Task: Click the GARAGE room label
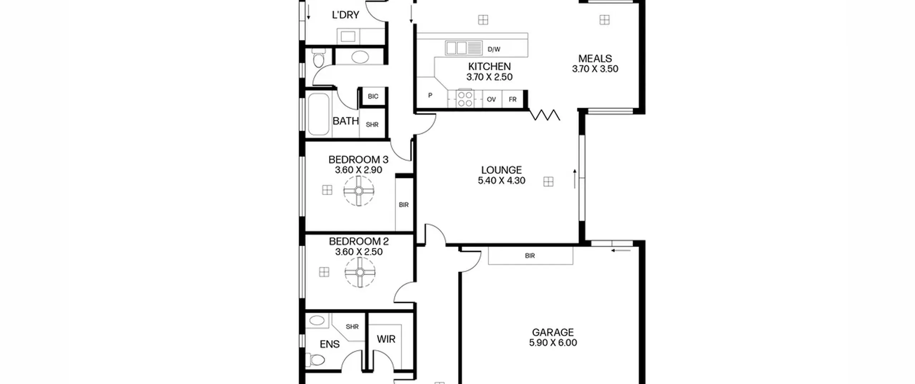(553, 332)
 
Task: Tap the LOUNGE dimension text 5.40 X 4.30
(501, 181)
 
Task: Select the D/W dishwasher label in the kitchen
(494, 50)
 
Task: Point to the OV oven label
(491, 100)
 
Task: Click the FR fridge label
(513, 100)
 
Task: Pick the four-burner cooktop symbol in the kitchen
(465, 99)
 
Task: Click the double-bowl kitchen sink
(456, 48)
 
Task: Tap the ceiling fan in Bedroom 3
(359, 191)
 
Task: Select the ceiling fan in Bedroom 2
(360, 273)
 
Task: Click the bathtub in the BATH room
(318, 114)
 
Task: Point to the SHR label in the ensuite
(352, 327)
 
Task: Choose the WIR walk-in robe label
(386, 339)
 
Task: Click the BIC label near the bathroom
(373, 96)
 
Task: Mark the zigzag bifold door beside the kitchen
(544, 115)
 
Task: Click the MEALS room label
(595, 59)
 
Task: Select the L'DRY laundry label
(345, 15)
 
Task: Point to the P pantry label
(430, 95)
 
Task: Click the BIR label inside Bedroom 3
(404, 205)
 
